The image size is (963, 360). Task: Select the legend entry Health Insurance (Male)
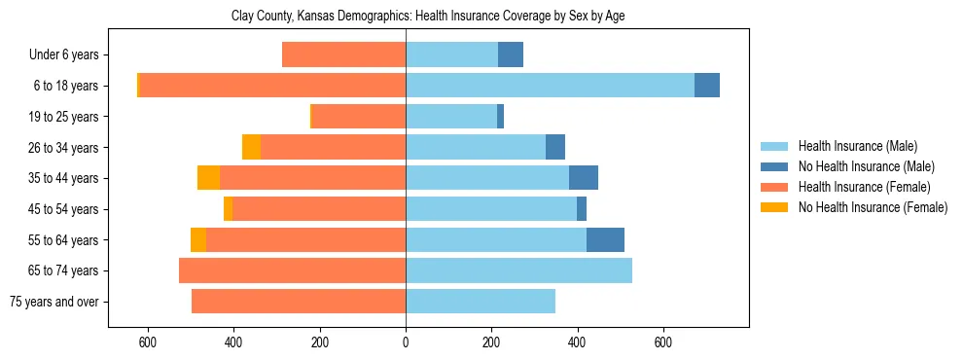857,146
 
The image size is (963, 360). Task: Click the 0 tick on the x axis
406,342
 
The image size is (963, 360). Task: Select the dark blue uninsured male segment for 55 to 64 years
605,239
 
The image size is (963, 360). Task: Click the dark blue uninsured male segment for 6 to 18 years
707,86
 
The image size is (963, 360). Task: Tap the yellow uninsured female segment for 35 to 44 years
208,178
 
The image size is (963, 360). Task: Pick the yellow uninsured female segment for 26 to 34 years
251,147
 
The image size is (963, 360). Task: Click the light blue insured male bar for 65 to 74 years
518,270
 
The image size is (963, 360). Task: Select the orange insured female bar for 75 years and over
299,302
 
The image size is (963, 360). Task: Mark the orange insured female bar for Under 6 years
343,54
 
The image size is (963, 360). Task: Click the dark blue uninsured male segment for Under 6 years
511,54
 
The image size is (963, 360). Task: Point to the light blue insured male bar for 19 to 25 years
451,117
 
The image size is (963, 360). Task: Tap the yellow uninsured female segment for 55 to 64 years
198,239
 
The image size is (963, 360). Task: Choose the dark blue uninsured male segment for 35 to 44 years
584,178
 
